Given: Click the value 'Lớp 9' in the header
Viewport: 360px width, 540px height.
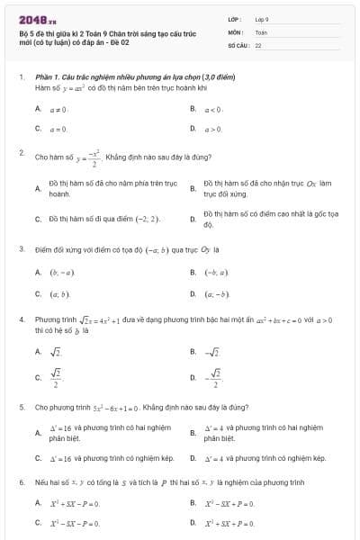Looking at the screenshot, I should pyautogui.click(x=263, y=19).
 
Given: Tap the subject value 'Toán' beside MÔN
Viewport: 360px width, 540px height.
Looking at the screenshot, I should pyautogui.click(x=261, y=31).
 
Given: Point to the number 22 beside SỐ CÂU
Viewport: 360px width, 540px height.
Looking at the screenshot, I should pyautogui.click(x=258, y=44).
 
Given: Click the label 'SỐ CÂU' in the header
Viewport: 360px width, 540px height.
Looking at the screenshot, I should pyautogui.click(x=238, y=44).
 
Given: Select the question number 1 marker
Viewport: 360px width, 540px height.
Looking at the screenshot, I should pyautogui.click(x=21, y=78).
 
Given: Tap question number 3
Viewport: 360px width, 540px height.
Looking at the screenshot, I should pyautogui.click(x=21, y=248).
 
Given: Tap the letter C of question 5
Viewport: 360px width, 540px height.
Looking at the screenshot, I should pyautogui.click(x=38, y=458).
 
